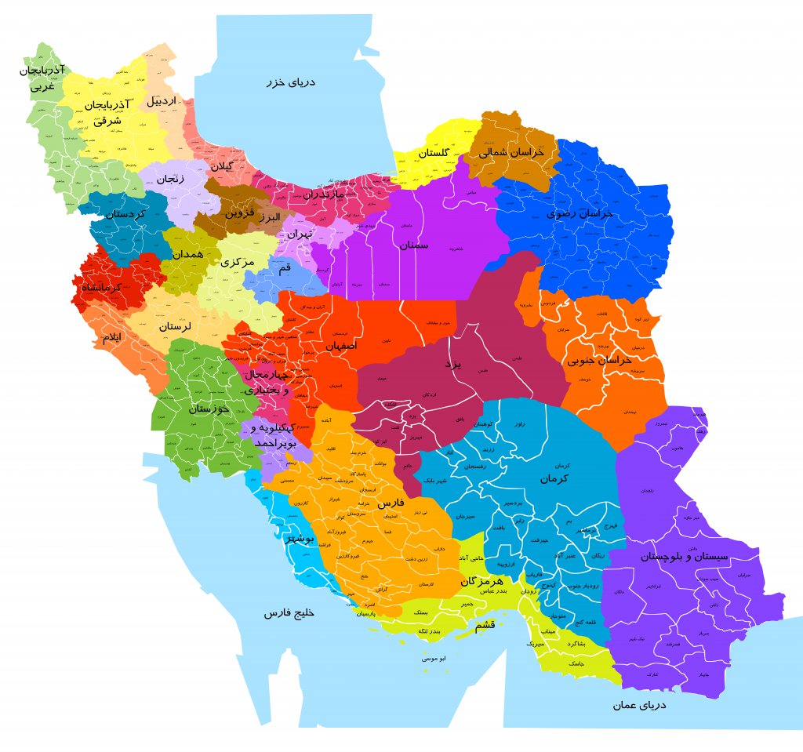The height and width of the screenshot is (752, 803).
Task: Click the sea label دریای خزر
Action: [290, 82]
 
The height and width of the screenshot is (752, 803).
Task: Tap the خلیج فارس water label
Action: [289, 612]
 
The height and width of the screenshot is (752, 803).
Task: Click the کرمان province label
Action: [554, 478]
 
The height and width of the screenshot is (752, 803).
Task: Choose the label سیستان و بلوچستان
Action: [695, 556]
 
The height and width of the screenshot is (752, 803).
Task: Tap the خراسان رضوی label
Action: [580, 213]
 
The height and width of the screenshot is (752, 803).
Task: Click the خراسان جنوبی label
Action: [600, 360]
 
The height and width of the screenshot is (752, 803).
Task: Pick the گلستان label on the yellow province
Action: [433, 152]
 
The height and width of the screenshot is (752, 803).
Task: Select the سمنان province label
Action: [414, 245]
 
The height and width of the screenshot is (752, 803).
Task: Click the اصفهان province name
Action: [340, 345]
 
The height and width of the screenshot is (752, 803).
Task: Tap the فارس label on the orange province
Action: [391, 502]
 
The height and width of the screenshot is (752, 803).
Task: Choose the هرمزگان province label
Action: [480, 581]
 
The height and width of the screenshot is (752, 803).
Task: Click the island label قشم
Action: [485, 625]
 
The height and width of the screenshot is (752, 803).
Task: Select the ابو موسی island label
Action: [434, 659]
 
